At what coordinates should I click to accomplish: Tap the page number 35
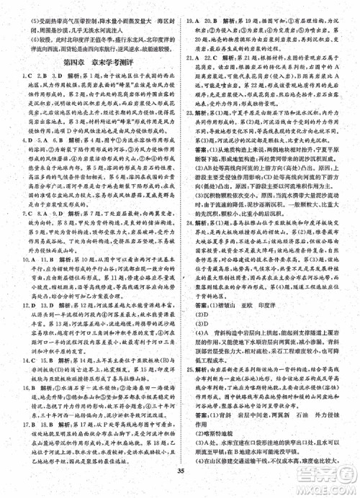(179, 472)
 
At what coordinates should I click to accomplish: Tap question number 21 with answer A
(189, 76)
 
